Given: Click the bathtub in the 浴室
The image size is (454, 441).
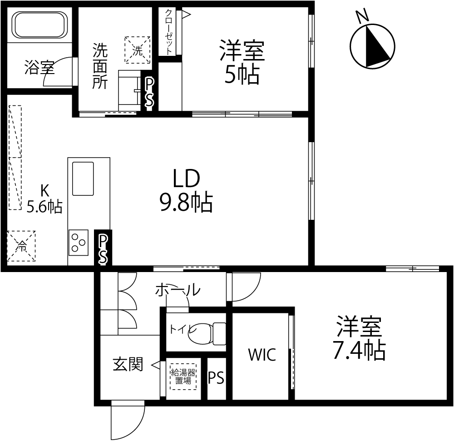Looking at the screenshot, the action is [x=39, y=25].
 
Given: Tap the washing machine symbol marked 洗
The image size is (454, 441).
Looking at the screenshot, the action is [x=138, y=50].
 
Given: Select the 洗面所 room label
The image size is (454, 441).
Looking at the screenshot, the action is [x=100, y=66].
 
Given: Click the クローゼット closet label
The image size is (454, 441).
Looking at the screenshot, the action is [x=169, y=31].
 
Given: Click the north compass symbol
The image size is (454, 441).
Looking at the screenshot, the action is [x=373, y=46].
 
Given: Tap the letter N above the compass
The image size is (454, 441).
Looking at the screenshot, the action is [x=363, y=16].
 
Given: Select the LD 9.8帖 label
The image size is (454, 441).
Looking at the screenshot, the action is [x=186, y=191].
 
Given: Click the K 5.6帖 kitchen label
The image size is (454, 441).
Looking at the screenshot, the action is [x=44, y=199].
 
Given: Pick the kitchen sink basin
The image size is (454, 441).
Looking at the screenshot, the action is [x=83, y=178].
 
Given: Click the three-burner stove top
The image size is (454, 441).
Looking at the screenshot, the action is [x=79, y=243].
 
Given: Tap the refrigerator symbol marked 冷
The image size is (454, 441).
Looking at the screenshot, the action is [x=21, y=246].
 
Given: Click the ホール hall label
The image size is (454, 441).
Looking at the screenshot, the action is [x=178, y=290].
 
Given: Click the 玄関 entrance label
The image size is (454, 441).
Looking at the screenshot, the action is [x=128, y=364].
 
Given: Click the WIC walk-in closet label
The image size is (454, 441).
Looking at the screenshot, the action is [x=262, y=354].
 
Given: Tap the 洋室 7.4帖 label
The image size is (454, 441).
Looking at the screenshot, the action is [x=359, y=338].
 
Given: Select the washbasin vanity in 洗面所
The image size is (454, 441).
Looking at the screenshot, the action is [x=129, y=90].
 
